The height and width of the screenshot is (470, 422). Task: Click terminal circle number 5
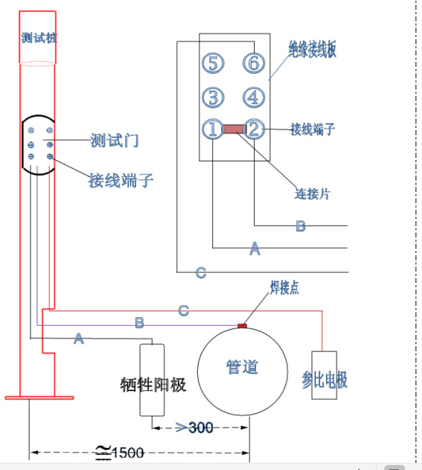click(213, 63)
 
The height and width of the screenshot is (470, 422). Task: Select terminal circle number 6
click(253, 63)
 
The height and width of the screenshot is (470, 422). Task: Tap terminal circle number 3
click(213, 97)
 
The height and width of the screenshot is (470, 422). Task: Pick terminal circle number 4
click(253, 97)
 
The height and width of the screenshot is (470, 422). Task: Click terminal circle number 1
click(213, 129)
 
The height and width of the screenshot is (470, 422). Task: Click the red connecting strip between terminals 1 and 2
click(233, 129)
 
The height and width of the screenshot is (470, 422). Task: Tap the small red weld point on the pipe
click(242, 326)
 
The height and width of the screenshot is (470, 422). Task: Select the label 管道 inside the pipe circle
click(242, 367)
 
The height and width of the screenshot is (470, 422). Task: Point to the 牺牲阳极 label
click(154, 385)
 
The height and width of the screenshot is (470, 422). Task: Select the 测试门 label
click(114, 141)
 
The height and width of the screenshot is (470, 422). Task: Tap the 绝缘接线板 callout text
click(312, 48)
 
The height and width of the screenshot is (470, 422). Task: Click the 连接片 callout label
click(312, 193)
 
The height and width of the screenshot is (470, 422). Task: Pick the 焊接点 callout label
click(284, 287)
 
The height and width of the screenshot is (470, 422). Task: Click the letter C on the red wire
click(184, 311)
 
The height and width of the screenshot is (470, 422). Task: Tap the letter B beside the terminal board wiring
click(300, 226)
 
